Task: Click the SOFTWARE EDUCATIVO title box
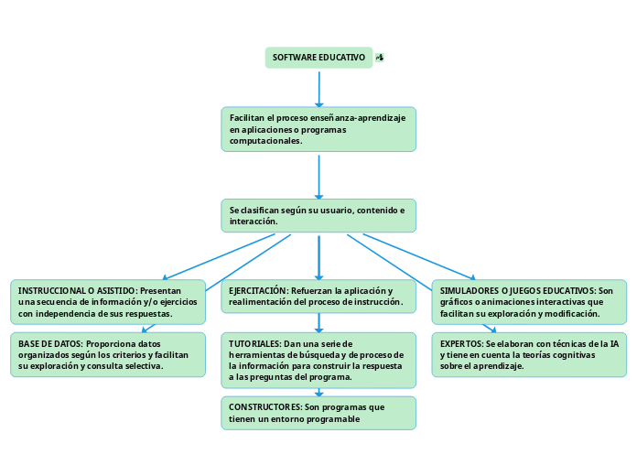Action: point(318,58)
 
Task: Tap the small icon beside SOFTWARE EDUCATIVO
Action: point(380,58)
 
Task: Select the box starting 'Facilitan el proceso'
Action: point(318,129)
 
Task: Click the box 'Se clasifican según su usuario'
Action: point(318,216)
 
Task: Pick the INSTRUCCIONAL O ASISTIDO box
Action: point(108,302)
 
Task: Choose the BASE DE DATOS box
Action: point(108,354)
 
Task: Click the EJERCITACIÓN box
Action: point(318,296)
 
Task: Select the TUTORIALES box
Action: point(318,360)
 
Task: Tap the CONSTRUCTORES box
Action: point(318,413)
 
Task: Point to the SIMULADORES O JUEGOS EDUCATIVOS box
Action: point(529,302)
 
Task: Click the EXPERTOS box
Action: point(529,354)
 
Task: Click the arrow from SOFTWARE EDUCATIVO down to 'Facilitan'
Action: point(318,89)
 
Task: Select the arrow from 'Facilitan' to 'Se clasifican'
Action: point(318,176)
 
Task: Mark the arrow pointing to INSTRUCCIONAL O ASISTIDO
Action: point(220,256)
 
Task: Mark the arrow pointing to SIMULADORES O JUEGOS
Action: point(418,256)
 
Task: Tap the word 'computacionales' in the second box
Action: point(265,141)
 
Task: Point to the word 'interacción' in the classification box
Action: point(253,222)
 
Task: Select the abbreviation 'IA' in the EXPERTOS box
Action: point(613,343)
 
